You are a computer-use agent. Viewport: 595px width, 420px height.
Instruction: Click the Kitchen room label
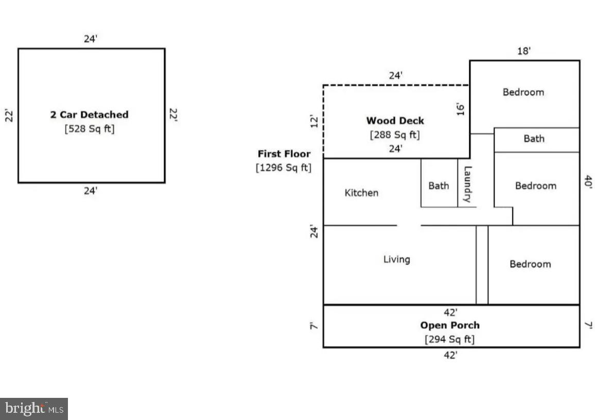pos(361,193)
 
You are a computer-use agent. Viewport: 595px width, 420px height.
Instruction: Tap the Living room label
pos(396,259)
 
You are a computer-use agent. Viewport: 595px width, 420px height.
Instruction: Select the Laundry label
pos(467,184)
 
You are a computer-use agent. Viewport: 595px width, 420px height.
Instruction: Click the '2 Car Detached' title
pos(89,115)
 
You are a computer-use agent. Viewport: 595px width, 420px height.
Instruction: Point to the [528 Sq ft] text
pos(90,129)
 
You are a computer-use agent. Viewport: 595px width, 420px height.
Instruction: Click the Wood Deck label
pos(395,120)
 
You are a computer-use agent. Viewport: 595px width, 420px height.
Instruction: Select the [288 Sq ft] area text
pos(395,135)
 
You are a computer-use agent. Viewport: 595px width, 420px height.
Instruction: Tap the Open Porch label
pos(450,325)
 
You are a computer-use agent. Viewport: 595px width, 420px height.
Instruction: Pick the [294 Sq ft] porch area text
pos(450,339)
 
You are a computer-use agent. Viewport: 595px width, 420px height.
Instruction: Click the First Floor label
pos(284,153)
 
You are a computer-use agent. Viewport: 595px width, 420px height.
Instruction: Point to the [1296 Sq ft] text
pos(284,167)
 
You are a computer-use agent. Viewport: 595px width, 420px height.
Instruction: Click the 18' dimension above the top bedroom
pos(524,51)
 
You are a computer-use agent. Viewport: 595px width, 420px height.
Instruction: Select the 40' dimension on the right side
pos(588,183)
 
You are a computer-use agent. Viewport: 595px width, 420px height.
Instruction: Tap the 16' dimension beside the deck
pos(461,108)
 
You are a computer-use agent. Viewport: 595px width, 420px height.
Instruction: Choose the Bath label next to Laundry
pos(439,186)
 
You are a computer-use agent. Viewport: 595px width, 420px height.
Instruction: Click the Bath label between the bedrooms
pos(534,138)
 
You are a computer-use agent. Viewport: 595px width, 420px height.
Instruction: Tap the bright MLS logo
pos(34,409)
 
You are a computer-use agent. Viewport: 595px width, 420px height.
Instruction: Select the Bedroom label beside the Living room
pos(530,264)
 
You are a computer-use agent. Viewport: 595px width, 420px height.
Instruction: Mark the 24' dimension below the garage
pos(91,191)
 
